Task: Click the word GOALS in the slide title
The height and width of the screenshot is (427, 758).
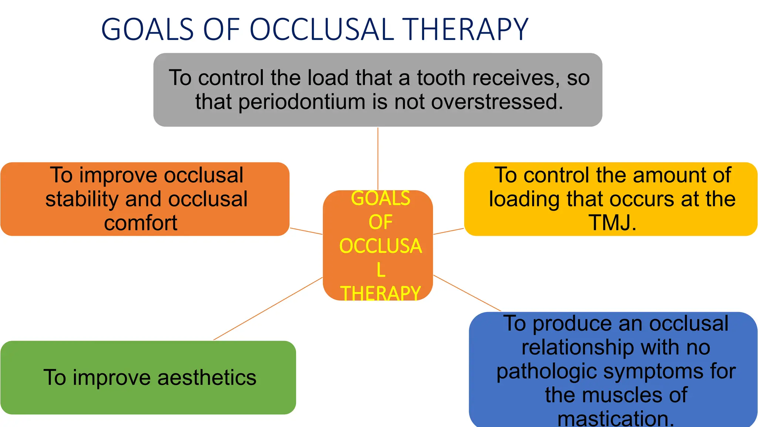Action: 147,30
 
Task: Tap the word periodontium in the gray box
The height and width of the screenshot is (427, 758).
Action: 302,102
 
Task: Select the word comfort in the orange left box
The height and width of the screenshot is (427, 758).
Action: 141,223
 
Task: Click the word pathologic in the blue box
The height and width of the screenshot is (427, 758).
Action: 546,371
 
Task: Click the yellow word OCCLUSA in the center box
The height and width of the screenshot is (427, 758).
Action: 380,246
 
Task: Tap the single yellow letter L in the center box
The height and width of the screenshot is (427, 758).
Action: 381,270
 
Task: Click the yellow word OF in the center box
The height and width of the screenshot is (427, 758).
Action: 380,222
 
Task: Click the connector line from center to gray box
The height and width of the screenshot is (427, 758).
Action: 378,159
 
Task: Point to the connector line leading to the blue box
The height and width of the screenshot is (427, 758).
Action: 467,293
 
